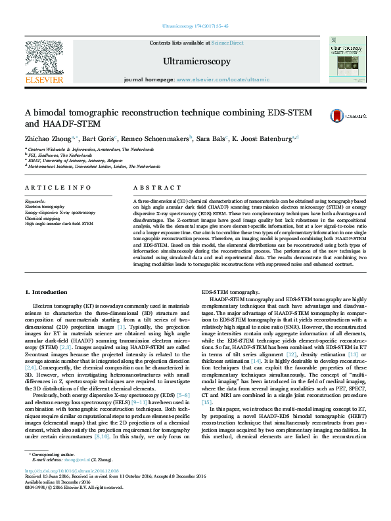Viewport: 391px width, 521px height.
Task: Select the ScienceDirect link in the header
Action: tap(228, 43)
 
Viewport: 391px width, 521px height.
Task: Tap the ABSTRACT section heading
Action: tap(154, 188)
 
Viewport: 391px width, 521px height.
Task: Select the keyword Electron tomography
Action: tap(45, 207)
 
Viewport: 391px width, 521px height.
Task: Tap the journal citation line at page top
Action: tap(195, 26)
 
